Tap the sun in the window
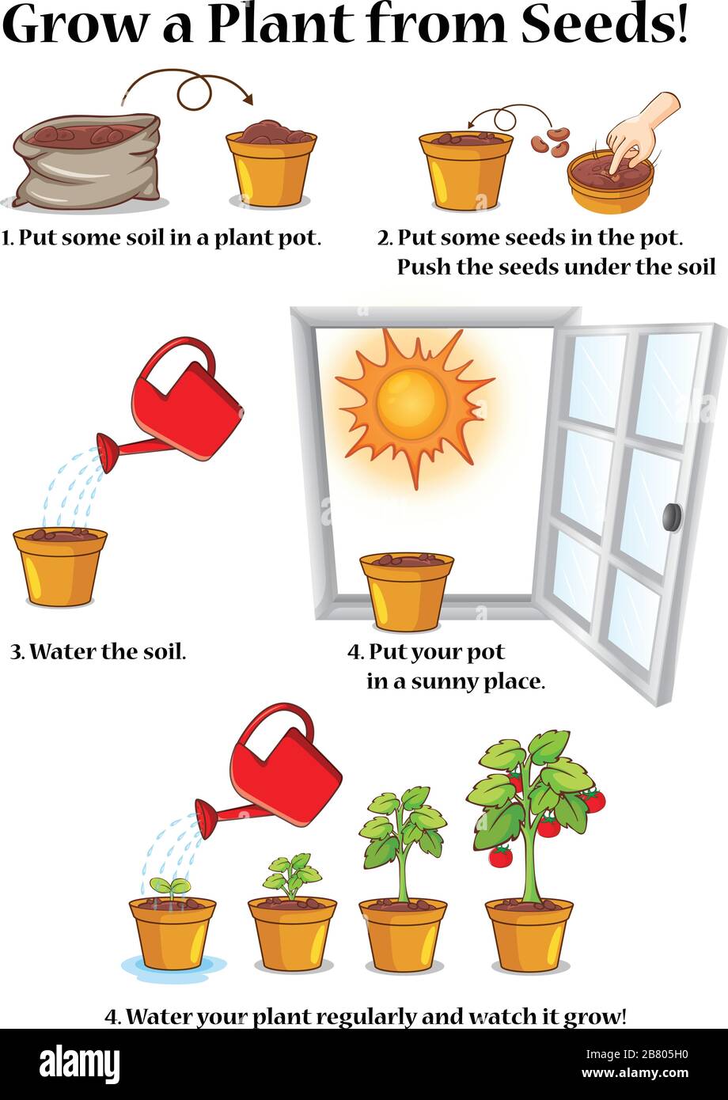(411, 404)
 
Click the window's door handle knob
(672, 517)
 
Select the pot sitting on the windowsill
(407, 592)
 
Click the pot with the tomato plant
(529, 935)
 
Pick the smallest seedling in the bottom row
(170, 888)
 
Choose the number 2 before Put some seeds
(384, 237)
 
